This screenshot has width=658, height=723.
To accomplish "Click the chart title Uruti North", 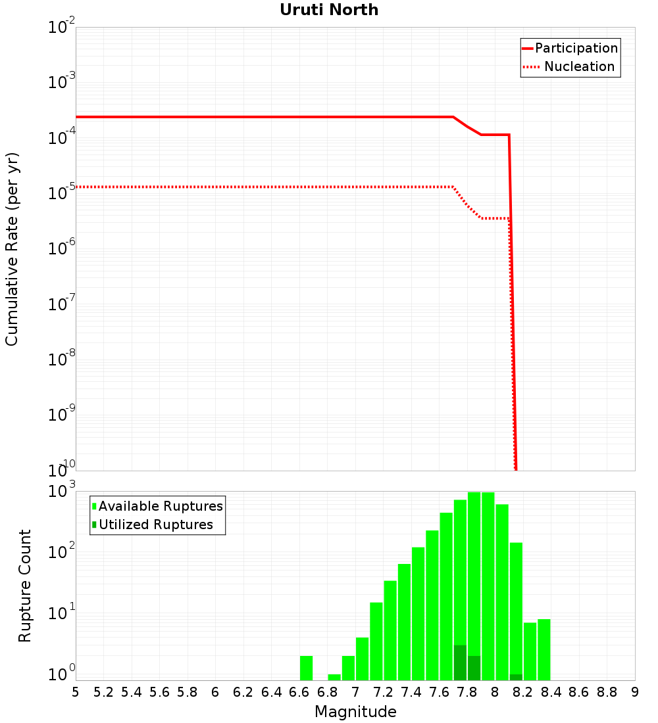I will click(329, 10).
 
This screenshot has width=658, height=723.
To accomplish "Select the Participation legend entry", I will click(576, 48).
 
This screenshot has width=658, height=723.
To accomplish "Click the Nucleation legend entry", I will click(579, 66).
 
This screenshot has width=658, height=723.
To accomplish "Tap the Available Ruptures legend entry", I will click(161, 506).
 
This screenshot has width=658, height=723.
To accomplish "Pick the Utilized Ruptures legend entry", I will click(155, 525).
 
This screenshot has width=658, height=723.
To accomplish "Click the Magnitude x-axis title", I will click(355, 712).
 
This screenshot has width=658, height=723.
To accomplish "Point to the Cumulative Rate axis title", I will click(13, 249).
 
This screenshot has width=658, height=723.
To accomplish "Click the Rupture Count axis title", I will click(25, 586).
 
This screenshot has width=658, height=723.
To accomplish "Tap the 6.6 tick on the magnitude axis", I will click(299, 692).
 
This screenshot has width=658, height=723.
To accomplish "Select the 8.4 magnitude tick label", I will click(551, 692).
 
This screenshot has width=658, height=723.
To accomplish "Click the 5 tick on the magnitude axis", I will click(76, 692).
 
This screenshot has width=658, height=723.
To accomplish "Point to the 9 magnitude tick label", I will click(635, 692).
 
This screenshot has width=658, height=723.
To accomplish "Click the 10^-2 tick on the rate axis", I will click(62, 28).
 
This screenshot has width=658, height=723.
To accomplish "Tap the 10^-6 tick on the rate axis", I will click(62, 248).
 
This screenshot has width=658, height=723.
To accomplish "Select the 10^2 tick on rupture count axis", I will click(62, 551).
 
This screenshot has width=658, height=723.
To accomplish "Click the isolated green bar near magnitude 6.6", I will click(306, 668).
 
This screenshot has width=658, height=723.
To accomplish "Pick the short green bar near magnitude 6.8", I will click(334, 677).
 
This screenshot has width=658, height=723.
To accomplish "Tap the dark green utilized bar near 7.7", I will click(460, 663).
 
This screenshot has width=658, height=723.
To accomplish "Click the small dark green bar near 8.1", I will click(516, 677).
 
